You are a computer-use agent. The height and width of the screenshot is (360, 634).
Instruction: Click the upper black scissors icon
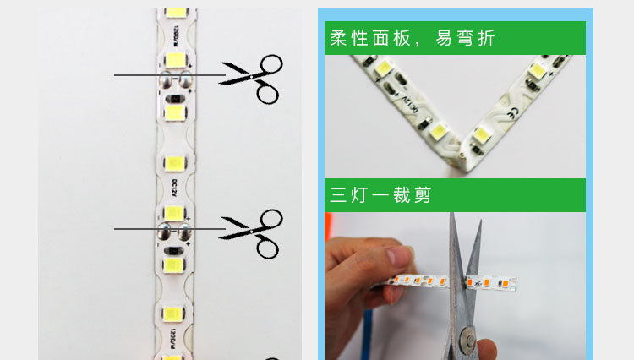pyautogui.click(x=254, y=78)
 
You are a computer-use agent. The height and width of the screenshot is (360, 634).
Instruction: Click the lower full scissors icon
pyautogui.click(x=254, y=232)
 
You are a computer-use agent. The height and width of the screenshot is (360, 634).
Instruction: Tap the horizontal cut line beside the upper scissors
pyautogui.click(x=139, y=76)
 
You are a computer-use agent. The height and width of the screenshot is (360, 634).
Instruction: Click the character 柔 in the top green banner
pyautogui.click(x=339, y=39)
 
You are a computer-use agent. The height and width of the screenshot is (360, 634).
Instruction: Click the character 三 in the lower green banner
pyautogui.click(x=339, y=195)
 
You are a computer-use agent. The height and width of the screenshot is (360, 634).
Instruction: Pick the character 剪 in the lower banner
pyautogui.click(x=422, y=195)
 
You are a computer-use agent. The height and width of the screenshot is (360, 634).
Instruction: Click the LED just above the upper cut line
pyautogui.click(x=176, y=60)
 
